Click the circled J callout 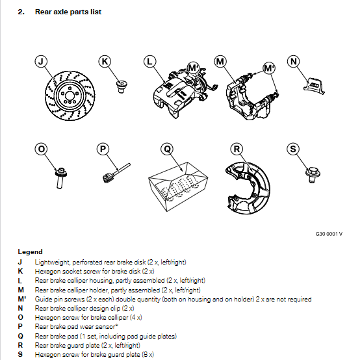[41, 62]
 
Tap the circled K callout [105, 62]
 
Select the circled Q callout [167, 149]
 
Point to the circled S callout [293, 149]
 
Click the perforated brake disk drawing [70, 96]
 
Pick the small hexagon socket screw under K [122, 86]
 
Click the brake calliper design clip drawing [314, 86]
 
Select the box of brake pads [178, 186]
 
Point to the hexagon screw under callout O [60, 178]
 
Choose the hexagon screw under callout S [313, 175]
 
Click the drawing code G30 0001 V [329, 234]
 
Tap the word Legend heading [31, 252]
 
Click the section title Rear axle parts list [68, 12]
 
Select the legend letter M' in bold [22, 299]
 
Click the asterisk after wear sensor [117, 326]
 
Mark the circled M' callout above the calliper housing [193, 68]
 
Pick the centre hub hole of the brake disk [68, 94]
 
